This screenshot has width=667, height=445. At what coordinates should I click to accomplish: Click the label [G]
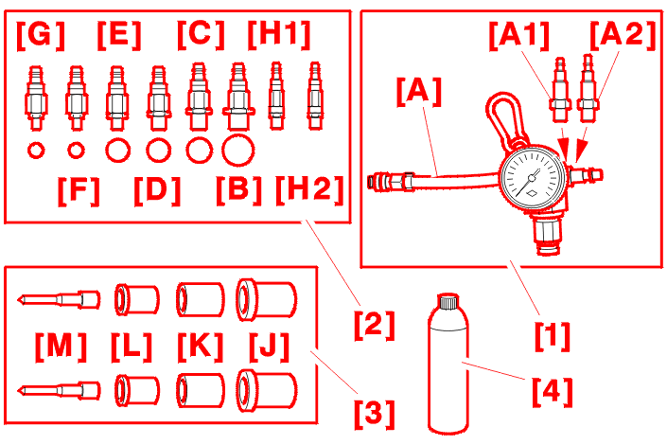point(40,35)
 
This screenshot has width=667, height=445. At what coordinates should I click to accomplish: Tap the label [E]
point(118,35)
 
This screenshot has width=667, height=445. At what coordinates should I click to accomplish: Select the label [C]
point(201,35)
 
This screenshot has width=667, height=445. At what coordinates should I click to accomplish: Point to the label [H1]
point(279,35)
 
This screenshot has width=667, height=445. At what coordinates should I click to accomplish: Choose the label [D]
point(157,191)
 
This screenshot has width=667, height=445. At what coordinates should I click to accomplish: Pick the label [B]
point(238,191)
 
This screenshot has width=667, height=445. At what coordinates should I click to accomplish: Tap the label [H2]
point(309,191)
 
